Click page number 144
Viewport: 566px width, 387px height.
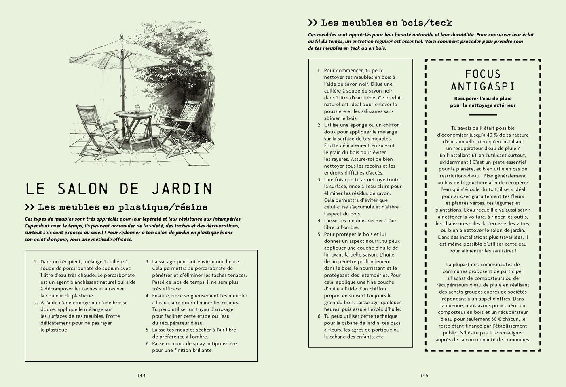click(141, 376)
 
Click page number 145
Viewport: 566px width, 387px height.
click(424, 376)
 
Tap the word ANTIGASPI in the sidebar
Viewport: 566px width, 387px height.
click(483, 86)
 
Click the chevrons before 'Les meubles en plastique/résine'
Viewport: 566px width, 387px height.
click(30, 207)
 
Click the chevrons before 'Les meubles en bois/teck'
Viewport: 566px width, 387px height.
click(313, 23)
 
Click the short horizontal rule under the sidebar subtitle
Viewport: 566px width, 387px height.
click(483, 115)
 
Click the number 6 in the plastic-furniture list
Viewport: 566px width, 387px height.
click(148, 344)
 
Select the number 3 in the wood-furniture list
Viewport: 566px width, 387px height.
click(319, 180)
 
